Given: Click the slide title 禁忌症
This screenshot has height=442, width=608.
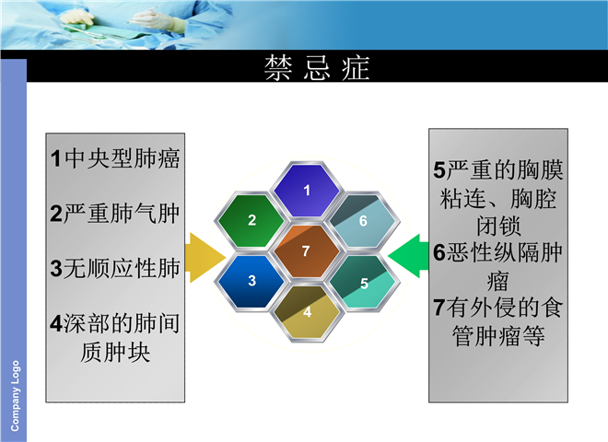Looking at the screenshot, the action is (317, 68).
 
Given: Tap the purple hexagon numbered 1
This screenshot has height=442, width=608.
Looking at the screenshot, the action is (307, 190).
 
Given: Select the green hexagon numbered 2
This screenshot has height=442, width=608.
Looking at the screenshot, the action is (251, 220).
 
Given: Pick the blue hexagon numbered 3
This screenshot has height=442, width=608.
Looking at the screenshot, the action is (251, 280).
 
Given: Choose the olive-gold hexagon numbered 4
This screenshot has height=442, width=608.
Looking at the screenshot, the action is (307, 312).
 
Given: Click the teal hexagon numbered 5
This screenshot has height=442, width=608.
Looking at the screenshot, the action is (363, 282).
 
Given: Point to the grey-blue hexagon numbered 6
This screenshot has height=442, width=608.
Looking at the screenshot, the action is (363, 220).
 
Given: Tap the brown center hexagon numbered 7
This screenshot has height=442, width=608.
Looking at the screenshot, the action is (307, 250).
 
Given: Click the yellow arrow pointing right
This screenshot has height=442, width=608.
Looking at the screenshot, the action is (205, 258).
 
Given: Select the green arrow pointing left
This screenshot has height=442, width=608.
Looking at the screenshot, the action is (408, 256).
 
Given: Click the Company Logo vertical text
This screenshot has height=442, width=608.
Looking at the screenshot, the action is (15, 395).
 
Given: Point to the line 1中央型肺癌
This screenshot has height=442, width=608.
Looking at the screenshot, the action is (115, 158).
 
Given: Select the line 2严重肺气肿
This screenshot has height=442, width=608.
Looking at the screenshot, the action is (115, 214).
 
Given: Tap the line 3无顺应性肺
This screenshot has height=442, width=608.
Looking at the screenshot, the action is (115, 268).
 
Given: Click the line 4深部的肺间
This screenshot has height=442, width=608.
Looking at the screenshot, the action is (115, 323).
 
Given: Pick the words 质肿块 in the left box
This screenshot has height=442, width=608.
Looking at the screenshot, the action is (115, 352).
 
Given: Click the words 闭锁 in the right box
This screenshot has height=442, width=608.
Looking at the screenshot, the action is (498, 226).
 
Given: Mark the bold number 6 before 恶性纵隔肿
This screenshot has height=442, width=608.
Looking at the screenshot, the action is (439, 253).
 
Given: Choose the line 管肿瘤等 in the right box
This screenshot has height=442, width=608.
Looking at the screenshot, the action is (498, 336).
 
